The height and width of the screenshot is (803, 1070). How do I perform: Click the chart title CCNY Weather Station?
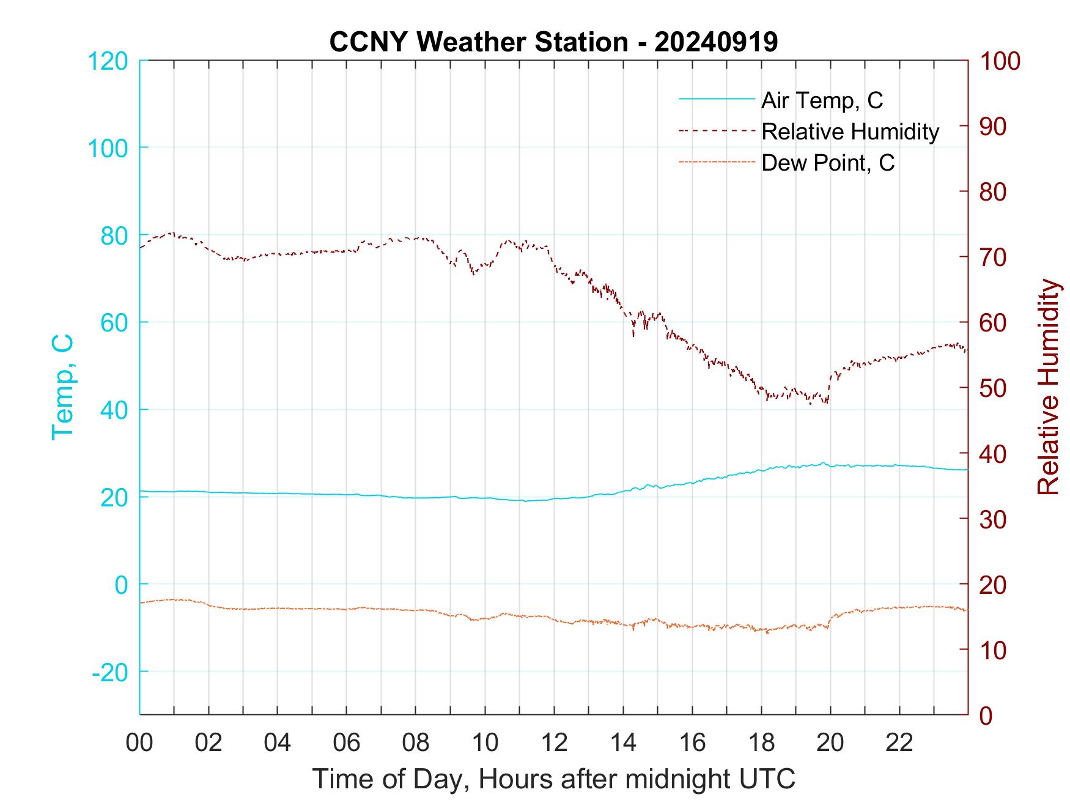[x=553, y=42]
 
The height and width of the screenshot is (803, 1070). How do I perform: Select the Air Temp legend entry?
[x=822, y=100]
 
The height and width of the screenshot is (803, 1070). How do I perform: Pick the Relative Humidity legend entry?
[x=850, y=131]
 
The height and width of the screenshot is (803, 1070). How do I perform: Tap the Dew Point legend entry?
[x=828, y=163]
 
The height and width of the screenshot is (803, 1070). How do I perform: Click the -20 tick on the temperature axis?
[x=109, y=672]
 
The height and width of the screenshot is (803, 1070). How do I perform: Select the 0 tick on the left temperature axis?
[x=121, y=585]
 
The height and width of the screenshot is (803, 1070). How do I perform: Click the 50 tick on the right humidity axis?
[x=994, y=388]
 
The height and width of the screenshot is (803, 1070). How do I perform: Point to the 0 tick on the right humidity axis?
[x=987, y=715]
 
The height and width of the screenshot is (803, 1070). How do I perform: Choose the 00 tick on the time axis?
[x=139, y=743]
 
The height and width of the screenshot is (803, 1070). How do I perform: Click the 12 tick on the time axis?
[x=554, y=743]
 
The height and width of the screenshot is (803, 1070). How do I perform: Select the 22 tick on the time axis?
[x=899, y=743]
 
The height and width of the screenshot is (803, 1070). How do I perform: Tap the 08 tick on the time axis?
[x=416, y=743]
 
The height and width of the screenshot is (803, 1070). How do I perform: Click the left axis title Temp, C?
[x=63, y=387]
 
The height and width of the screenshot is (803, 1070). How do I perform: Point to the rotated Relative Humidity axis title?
[x=1048, y=387]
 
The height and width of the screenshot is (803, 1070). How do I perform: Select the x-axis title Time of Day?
[x=554, y=779]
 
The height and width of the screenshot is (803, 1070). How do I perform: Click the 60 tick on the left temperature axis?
[x=114, y=322]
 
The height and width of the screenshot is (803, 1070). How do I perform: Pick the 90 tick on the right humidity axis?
[x=994, y=127]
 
